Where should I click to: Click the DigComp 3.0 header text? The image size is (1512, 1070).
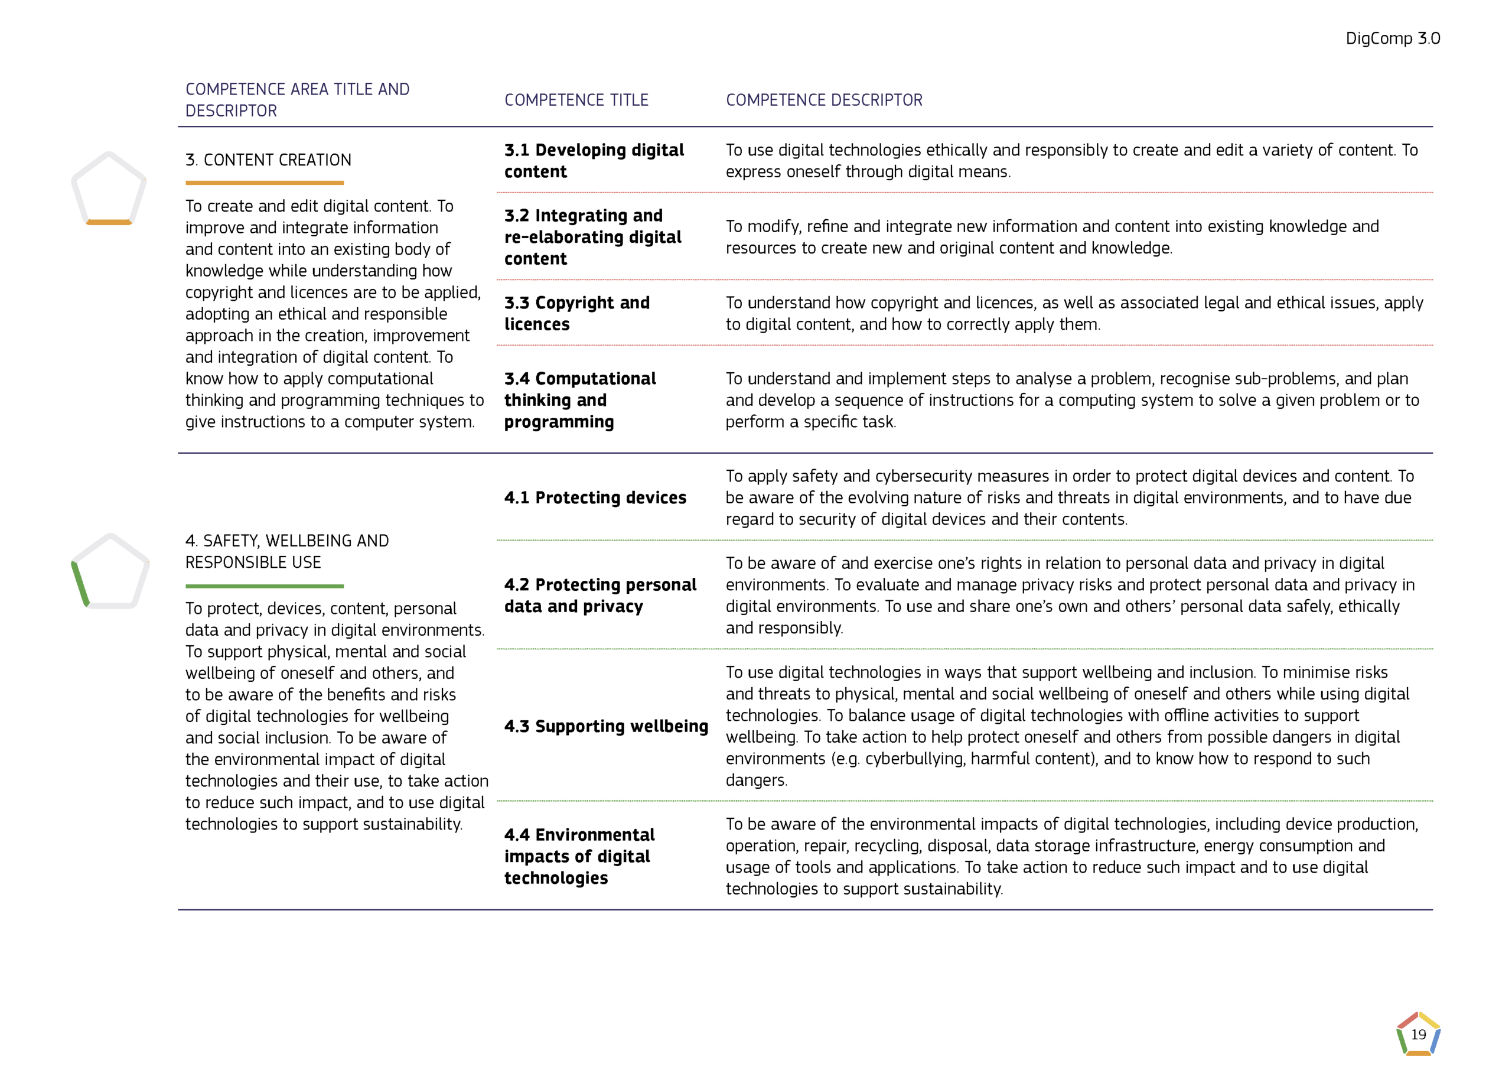click(x=1392, y=38)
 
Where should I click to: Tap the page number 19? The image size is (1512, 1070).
click(x=1418, y=1035)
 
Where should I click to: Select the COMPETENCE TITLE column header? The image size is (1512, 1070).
click(x=576, y=100)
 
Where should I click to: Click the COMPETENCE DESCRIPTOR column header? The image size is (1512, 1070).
click(x=824, y=100)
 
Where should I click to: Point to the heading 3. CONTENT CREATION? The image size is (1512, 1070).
click(x=268, y=160)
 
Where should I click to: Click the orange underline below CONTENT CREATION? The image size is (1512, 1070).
click(x=264, y=183)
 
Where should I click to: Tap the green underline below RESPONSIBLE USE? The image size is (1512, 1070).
click(x=264, y=586)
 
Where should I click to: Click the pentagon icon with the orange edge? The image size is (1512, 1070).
click(x=109, y=190)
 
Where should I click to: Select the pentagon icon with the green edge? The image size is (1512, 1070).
click(x=110, y=571)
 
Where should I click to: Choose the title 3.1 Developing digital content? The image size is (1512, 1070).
click(x=594, y=161)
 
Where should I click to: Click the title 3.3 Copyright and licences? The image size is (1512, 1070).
click(x=576, y=314)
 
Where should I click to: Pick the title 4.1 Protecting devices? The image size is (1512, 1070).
click(x=595, y=497)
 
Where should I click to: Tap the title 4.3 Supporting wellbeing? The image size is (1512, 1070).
click(x=606, y=726)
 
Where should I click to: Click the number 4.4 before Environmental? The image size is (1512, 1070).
click(x=517, y=835)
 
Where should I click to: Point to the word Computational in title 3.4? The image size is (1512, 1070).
click(x=595, y=379)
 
